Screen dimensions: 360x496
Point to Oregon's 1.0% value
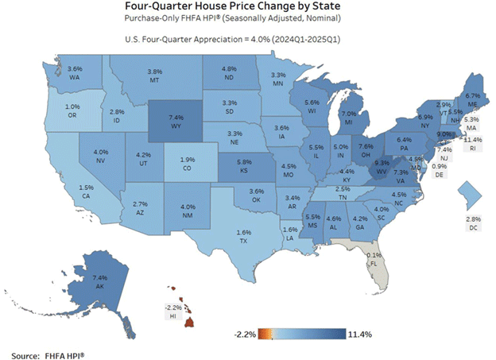pos(73,107)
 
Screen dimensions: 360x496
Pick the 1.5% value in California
pos(64,187)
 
